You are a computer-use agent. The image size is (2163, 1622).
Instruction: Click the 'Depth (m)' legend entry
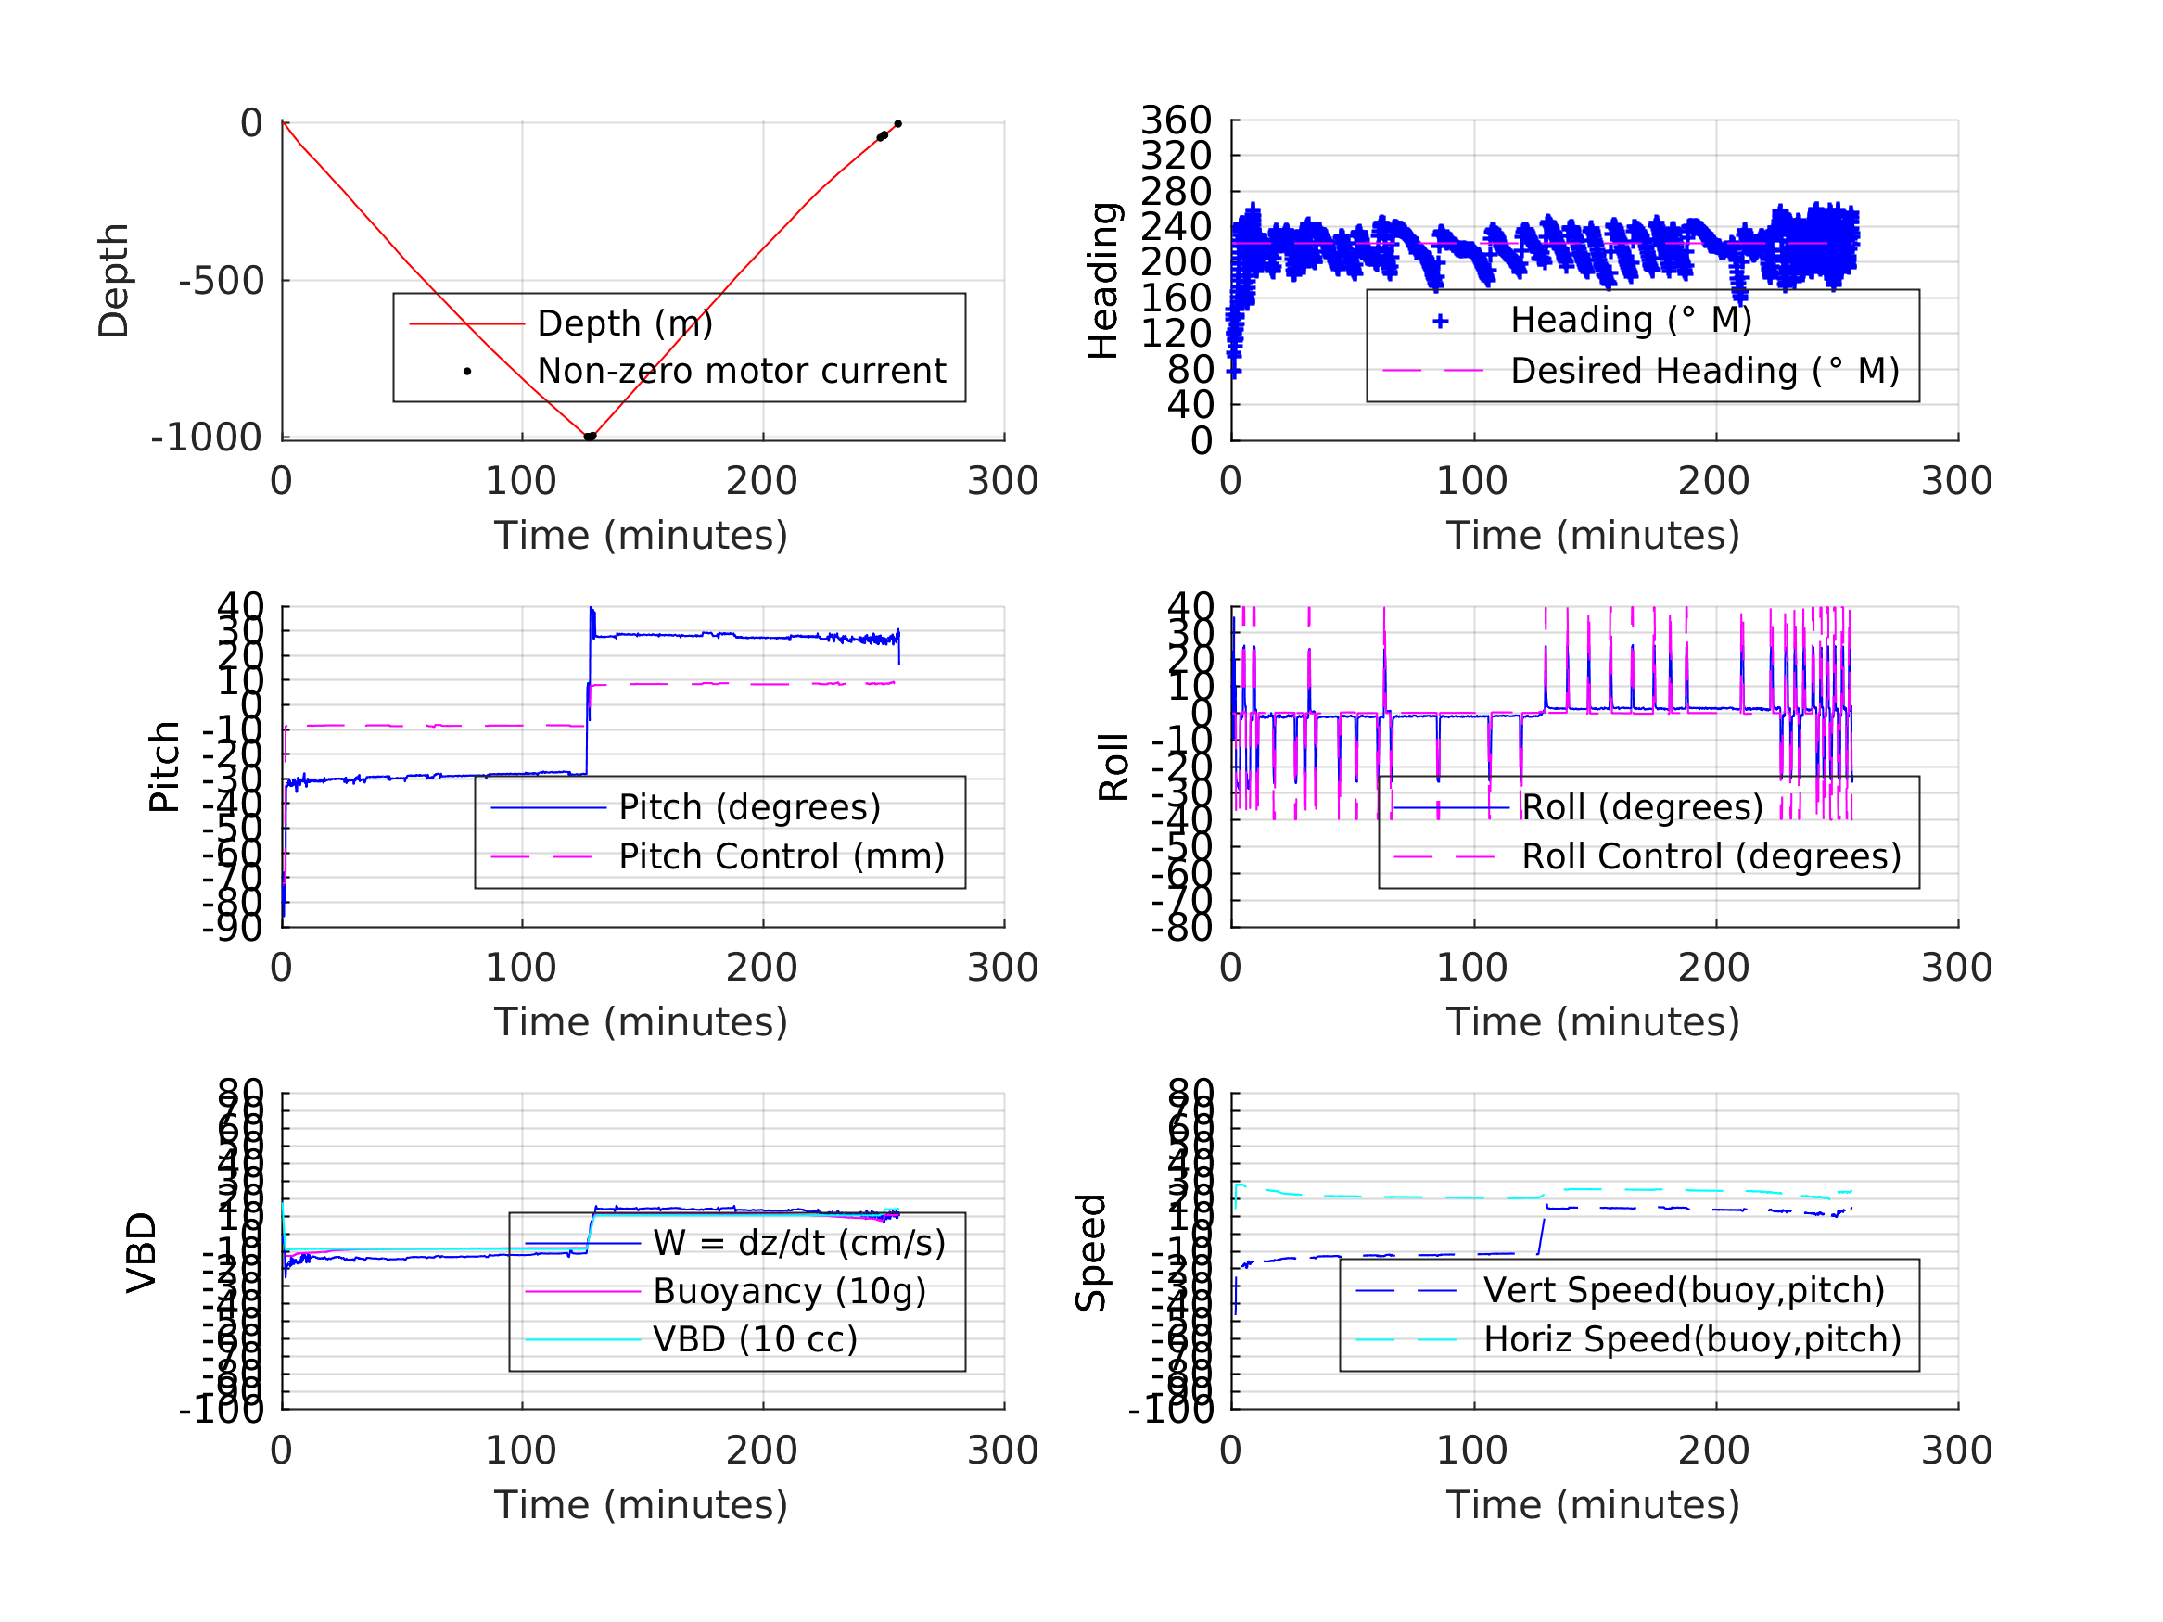(x=625, y=323)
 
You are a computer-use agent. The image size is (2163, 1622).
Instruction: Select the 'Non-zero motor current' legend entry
(x=741, y=372)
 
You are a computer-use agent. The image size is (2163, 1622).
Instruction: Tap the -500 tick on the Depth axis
(x=221, y=282)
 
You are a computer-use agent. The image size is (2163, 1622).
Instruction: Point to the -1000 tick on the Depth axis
(x=207, y=438)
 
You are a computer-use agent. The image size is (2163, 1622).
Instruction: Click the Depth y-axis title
(x=114, y=282)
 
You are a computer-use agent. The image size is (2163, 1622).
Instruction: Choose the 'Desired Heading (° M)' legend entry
(x=1704, y=372)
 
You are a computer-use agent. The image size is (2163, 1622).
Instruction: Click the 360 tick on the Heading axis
(x=1177, y=121)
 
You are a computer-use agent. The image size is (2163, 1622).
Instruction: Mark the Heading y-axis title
(x=1103, y=282)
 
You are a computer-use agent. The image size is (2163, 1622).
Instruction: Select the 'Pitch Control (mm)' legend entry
(x=782, y=857)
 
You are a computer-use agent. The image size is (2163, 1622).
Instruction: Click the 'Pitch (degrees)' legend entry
(x=749, y=807)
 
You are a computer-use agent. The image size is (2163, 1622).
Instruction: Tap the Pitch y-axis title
(x=164, y=767)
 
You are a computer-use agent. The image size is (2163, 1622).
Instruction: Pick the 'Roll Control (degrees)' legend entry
(x=1711, y=857)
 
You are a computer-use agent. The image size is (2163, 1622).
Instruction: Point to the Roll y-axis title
(x=1113, y=767)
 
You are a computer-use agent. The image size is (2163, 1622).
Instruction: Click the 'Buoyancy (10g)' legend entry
(x=789, y=1291)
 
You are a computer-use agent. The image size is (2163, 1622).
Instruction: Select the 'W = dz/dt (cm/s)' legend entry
(x=799, y=1244)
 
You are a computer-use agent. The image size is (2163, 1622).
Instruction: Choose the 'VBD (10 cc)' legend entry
(x=755, y=1339)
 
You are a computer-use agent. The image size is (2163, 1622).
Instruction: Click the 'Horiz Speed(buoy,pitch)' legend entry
(x=1692, y=1339)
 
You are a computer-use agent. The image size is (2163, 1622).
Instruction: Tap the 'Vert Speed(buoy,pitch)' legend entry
(x=1684, y=1290)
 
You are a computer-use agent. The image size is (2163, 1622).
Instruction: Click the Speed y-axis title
(x=1091, y=1252)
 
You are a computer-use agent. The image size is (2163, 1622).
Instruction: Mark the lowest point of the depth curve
(x=589, y=437)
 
